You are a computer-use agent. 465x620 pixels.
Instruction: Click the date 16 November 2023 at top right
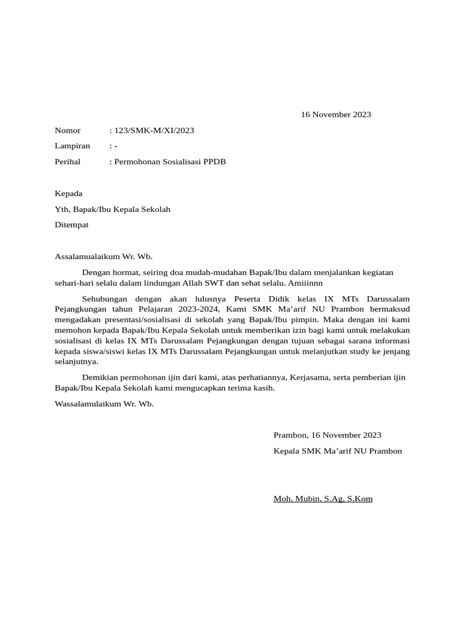[336, 114]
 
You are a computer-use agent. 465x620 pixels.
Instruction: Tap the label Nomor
[67, 130]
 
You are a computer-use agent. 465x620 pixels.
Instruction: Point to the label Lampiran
[72, 146]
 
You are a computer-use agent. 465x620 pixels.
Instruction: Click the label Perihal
[67, 162]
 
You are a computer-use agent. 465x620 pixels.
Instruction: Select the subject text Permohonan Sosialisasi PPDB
[170, 162]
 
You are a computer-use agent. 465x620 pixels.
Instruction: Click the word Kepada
[68, 194]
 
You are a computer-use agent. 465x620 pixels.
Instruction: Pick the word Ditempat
[71, 225]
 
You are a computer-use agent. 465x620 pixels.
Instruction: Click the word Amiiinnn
[305, 283]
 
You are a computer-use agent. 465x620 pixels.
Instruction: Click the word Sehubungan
[104, 299]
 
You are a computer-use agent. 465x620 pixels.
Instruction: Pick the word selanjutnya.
[76, 361]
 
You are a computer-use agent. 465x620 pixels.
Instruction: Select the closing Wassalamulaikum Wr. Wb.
[104, 404]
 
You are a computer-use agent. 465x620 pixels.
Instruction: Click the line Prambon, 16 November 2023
[327, 435]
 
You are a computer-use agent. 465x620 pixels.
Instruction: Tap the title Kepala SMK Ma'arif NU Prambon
[337, 451]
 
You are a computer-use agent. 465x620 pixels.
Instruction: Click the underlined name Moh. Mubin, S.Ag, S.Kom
[323, 499]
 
